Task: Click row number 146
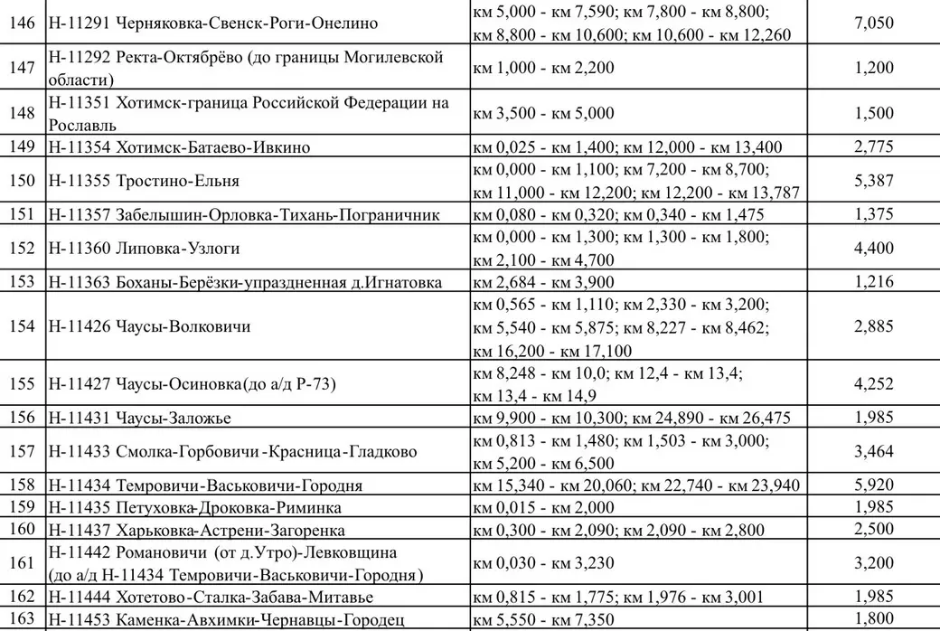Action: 21,23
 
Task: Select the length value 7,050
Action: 873,23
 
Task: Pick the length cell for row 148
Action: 873,113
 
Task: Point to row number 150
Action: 21,181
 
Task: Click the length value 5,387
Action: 873,181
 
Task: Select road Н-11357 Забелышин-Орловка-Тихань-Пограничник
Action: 244,214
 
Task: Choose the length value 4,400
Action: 873,249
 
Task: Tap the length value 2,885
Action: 873,326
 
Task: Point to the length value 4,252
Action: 873,384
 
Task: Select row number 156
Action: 21,418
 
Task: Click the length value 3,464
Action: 873,451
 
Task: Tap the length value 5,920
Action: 873,485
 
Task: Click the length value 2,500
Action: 873,529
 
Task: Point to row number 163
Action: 21,619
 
